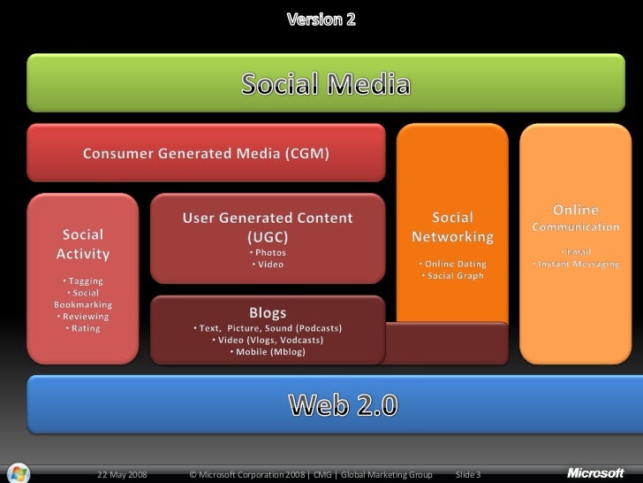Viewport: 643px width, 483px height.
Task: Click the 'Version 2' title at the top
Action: point(321,19)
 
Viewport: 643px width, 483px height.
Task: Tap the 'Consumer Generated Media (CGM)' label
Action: point(207,154)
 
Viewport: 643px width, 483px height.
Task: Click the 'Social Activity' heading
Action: point(82,244)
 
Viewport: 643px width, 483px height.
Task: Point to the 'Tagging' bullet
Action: point(86,281)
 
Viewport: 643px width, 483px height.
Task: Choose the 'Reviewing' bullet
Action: point(82,317)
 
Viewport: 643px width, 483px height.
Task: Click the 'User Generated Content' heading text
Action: point(268,218)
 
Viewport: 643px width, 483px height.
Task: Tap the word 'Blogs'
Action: point(268,312)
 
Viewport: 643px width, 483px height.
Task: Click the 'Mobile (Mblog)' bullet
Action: point(268,351)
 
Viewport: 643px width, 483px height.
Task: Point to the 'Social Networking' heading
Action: point(452,227)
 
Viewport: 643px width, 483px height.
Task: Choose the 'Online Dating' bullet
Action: point(452,264)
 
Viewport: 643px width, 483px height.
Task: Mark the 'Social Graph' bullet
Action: point(452,276)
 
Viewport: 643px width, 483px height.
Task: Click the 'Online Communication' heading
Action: point(575,218)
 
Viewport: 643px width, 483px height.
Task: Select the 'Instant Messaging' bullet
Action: point(575,264)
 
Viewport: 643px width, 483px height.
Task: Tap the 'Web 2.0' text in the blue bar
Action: point(344,405)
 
